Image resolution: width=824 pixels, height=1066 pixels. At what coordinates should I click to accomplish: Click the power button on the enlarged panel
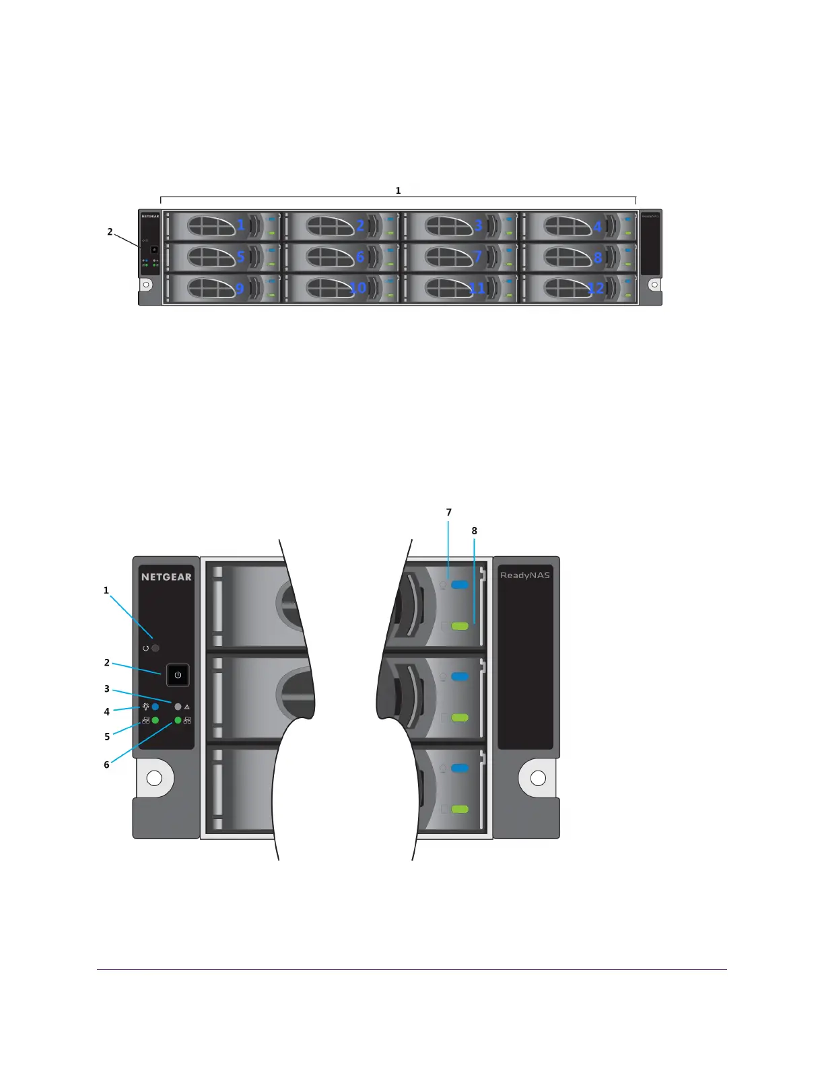(178, 675)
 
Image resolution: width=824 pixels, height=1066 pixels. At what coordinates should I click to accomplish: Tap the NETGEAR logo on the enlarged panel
(166, 577)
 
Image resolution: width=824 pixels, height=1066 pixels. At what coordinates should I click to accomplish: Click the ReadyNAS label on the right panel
(525, 575)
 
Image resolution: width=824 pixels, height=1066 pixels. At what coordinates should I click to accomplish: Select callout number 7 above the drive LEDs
(449, 513)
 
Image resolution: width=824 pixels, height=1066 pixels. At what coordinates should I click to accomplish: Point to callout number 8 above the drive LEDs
(475, 531)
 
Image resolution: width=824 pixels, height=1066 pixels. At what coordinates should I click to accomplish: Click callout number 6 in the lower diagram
(106, 765)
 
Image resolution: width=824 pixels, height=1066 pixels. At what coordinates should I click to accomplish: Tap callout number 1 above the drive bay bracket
(398, 191)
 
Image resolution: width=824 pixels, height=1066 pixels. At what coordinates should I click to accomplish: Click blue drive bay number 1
(241, 224)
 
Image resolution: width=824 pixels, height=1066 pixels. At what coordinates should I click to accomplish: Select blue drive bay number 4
(597, 226)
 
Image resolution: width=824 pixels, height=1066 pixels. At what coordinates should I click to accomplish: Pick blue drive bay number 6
(360, 256)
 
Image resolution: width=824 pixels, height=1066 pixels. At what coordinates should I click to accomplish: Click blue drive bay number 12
(596, 288)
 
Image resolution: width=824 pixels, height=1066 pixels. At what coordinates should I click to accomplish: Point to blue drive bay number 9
(240, 288)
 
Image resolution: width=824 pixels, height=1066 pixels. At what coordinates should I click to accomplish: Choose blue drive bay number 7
(478, 256)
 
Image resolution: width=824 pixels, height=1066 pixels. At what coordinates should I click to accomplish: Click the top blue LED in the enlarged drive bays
(460, 585)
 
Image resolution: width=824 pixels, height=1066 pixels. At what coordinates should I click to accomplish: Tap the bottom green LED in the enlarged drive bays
(460, 809)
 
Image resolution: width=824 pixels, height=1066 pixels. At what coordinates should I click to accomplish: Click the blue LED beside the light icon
(156, 707)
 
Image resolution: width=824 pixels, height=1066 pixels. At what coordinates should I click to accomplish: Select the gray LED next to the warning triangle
(178, 707)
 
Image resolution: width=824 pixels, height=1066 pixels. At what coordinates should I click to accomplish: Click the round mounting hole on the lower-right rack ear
(538, 778)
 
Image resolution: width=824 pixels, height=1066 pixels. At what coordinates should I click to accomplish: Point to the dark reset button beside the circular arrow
(156, 648)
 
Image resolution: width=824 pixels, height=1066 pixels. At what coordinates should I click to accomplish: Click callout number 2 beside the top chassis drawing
(110, 232)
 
